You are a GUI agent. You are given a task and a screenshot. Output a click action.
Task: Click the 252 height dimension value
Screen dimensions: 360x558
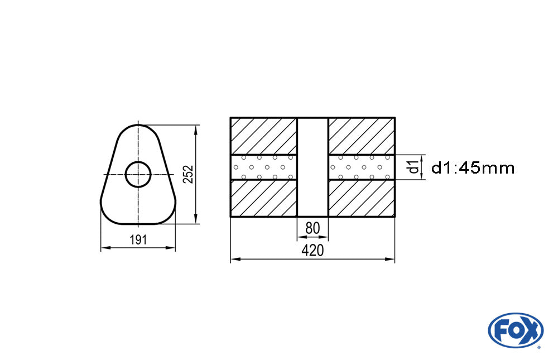point(189,174)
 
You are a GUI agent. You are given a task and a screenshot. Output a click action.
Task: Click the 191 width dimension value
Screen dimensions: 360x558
point(138,240)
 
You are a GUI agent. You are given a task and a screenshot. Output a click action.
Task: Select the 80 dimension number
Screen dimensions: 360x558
point(312,228)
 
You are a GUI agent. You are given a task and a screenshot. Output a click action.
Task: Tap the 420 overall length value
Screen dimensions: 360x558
point(312,251)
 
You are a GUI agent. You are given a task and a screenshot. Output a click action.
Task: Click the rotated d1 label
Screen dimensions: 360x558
point(413,166)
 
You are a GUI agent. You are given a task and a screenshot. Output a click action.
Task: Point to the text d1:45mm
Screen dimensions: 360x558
point(473,167)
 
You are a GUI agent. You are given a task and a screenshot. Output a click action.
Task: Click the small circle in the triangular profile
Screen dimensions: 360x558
point(138,175)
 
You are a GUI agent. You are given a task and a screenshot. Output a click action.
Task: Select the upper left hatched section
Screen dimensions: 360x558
point(263,136)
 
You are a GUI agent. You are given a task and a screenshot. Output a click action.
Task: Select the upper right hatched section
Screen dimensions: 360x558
point(362,136)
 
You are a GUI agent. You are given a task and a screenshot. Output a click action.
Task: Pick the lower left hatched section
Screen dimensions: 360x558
point(263,198)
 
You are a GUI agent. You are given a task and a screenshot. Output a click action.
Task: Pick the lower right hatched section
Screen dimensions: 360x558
point(362,198)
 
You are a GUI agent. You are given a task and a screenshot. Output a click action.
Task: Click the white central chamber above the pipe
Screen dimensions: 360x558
point(312,137)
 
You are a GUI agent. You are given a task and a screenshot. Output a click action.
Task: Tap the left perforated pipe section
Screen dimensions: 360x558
point(263,167)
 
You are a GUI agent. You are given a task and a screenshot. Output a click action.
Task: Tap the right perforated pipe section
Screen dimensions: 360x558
point(362,167)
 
